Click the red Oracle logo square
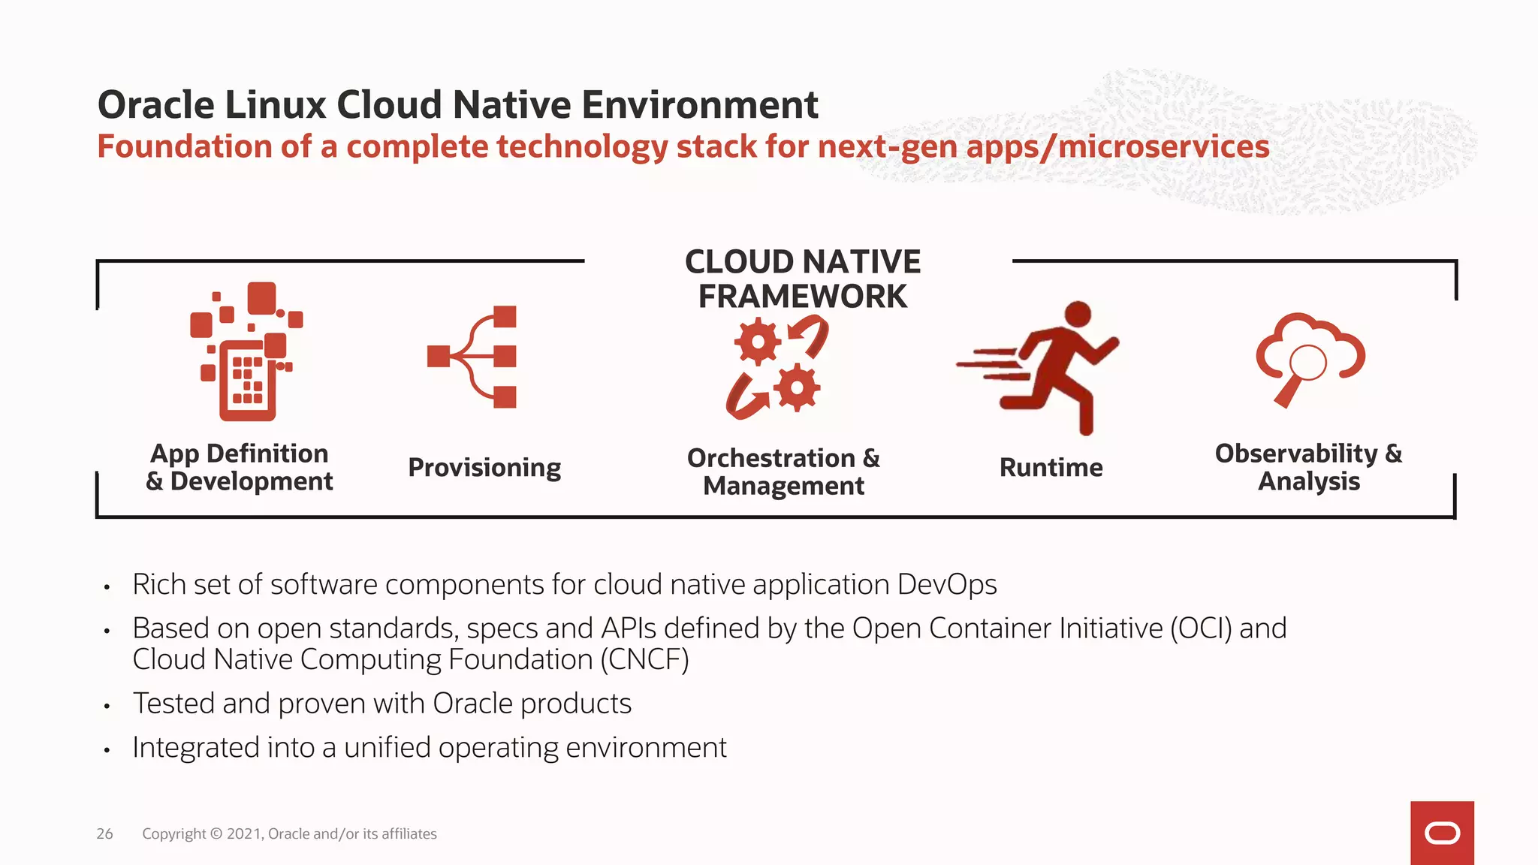[1442, 833]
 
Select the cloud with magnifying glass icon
[1310, 357]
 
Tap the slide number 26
[104, 833]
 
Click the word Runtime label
[1051, 467]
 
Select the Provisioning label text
[484, 467]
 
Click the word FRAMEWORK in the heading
[802, 297]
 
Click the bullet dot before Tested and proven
[107, 706]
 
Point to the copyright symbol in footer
[216, 833]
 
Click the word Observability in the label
[1296, 453]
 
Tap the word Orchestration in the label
[771, 458]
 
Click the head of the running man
[1078, 314]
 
